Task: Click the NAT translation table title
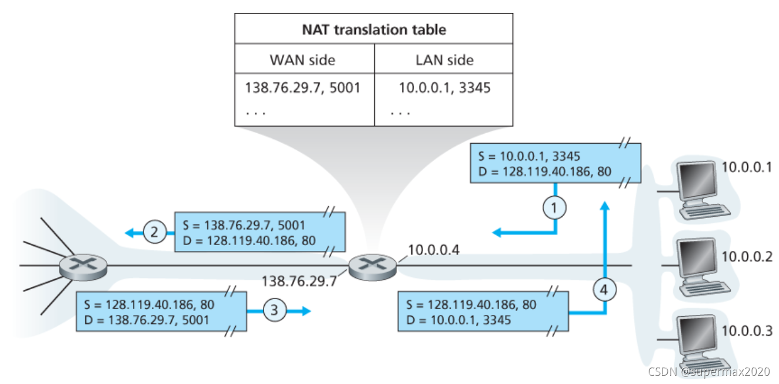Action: coord(374,29)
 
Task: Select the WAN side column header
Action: coord(302,59)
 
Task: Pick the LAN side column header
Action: coord(444,59)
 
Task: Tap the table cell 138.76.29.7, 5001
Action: coord(302,88)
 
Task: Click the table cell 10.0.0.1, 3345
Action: coord(444,88)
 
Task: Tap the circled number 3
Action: coord(274,310)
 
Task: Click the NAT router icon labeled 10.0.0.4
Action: coord(372,267)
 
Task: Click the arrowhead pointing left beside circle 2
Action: coord(129,233)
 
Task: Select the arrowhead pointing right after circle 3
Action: coord(305,310)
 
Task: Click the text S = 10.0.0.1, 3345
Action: coord(530,157)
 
